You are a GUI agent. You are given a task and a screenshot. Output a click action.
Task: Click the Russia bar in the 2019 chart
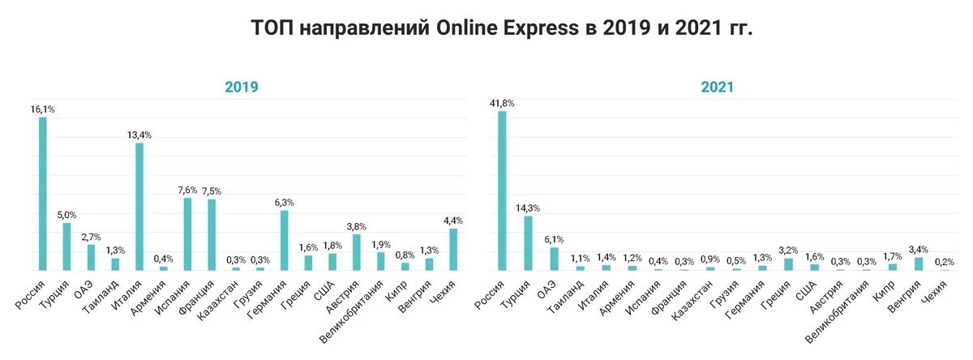coord(42,194)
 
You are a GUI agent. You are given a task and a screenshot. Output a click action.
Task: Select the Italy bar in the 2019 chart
coord(139,206)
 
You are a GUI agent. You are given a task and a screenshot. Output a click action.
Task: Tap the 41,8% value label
coord(502,103)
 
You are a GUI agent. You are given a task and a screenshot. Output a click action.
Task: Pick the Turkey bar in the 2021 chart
coord(527,242)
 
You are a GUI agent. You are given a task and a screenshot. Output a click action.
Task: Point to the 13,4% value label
coord(139,135)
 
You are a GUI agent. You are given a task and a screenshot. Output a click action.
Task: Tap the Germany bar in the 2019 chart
coord(285,240)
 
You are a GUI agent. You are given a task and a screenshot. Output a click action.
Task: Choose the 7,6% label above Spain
coord(187,191)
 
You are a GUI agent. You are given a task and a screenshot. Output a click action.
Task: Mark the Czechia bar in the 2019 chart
coord(453,249)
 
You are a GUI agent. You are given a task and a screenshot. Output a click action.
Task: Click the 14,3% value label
coord(528,208)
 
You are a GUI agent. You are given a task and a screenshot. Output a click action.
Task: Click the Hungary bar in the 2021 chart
coord(919,263)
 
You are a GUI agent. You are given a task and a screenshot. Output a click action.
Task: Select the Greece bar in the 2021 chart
coord(787,264)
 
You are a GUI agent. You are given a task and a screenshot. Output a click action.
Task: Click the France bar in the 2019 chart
coord(212,234)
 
